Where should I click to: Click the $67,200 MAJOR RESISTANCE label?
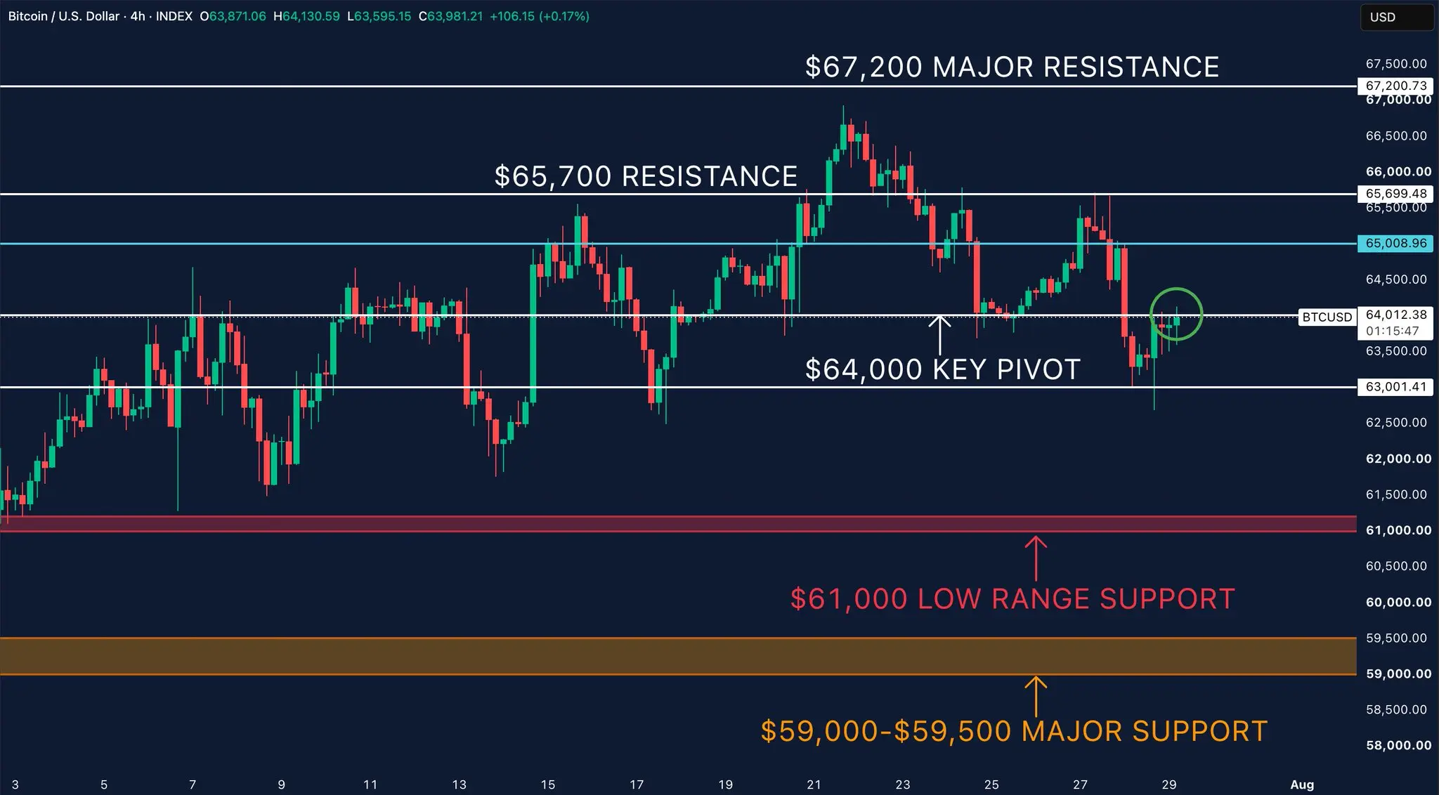click(x=1012, y=67)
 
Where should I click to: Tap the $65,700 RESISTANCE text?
click(x=646, y=176)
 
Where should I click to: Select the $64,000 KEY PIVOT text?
click(x=942, y=369)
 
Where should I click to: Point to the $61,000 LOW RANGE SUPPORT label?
click(x=1012, y=599)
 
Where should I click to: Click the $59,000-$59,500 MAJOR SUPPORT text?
click(x=1014, y=731)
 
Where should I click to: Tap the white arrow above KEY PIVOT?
click(x=939, y=335)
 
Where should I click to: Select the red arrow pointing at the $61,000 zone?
click(x=1036, y=558)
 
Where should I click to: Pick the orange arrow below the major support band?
click(x=1036, y=696)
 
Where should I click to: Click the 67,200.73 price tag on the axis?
click(x=1395, y=86)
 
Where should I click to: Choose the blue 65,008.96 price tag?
click(x=1395, y=243)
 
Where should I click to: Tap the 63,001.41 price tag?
click(x=1395, y=386)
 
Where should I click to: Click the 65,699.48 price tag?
click(x=1395, y=193)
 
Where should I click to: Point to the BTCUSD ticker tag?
click(x=1327, y=317)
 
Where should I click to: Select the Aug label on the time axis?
click(x=1302, y=784)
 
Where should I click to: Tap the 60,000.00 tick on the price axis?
click(x=1398, y=602)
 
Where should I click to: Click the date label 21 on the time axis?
click(x=814, y=784)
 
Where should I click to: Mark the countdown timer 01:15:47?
click(x=1393, y=331)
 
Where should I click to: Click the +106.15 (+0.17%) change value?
click(x=539, y=16)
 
